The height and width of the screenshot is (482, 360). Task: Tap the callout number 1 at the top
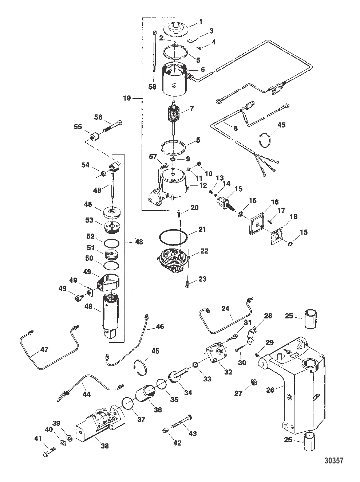201,22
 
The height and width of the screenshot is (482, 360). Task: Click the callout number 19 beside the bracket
127,98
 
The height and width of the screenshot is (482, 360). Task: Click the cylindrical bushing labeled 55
95,137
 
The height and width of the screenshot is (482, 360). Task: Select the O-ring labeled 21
173,237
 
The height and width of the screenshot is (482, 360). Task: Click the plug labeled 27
253,382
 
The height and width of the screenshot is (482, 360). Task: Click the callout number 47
44,349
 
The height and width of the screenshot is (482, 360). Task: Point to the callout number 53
89,220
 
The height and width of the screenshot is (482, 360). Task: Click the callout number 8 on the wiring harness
236,128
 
